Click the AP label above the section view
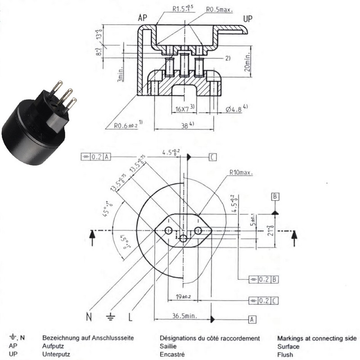(x=143, y=18)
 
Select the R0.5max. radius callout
(x=220, y=9)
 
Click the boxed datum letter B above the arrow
(x=275, y=197)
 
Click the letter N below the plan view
(x=89, y=317)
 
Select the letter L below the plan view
(x=130, y=317)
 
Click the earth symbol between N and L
(x=110, y=316)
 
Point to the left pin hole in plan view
(x=168, y=230)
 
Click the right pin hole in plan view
(x=198, y=230)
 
